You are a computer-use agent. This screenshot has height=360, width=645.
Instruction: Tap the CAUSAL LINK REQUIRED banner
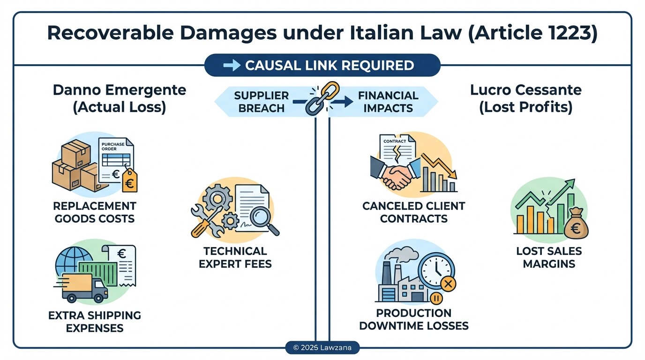[x=322, y=66]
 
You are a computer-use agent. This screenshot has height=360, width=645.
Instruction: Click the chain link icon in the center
[x=322, y=98]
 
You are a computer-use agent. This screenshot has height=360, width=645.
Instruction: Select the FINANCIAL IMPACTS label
[x=388, y=102]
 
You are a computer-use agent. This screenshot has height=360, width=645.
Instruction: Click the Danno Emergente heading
[x=120, y=98]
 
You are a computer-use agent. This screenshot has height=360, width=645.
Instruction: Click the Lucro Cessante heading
[x=525, y=98]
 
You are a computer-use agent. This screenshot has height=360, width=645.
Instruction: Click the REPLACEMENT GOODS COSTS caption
[x=95, y=212]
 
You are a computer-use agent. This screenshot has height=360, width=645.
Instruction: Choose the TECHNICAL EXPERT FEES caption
[x=235, y=257]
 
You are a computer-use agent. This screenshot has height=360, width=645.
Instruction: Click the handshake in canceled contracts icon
[x=396, y=176]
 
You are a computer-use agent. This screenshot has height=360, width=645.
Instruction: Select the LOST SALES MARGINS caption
[x=549, y=257]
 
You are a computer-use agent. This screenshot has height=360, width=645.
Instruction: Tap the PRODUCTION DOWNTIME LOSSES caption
[x=414, y=319]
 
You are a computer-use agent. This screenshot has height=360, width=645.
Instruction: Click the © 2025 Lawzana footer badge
[x=322, y=348]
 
